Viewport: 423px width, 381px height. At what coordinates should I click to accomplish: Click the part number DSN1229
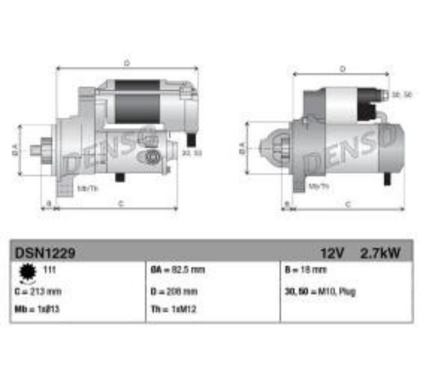pyautogui.click(x=44, y=252)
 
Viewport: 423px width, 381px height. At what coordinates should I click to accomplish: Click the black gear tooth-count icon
pyautogui.click(x=26, y=271)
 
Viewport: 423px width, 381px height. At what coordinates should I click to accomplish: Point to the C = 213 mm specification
pyautogui.click(x=38, y=291)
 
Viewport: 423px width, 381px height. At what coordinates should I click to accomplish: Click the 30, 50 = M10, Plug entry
pyautogui.click(x=320, y=291)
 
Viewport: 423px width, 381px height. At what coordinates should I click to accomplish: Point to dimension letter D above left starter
pyautogui.click(x=126, y=63)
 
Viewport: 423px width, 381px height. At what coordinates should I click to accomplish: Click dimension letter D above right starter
pyautogui.click(x=343, y=68)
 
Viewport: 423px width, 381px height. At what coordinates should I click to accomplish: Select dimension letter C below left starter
pyautogui.click(x=120, y=203)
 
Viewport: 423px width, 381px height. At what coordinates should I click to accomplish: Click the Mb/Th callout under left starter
pyautogui.click(x=88, y=188)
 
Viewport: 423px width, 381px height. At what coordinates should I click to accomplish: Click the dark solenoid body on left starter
pyautogui.click(x=137, y=102)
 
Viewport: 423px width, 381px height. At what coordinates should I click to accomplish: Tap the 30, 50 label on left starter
pyautogui.click(x=192, y=153)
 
